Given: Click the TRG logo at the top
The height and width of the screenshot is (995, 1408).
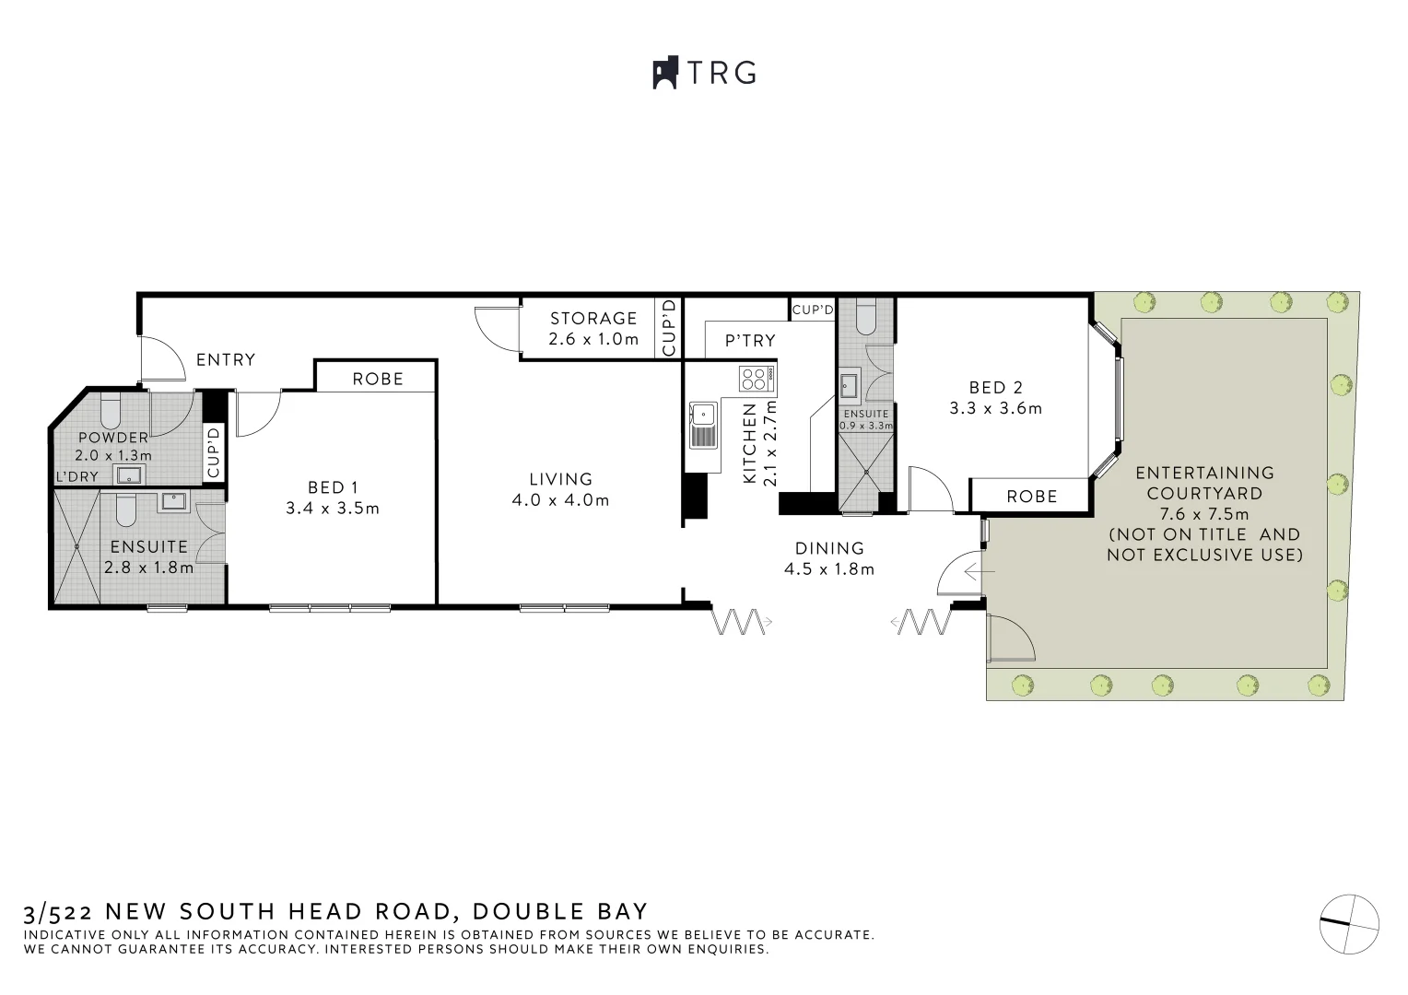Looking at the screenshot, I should point(705,73).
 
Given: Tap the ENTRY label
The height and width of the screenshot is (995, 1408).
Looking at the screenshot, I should point(226,359).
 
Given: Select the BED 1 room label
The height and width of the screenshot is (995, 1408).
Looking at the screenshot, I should point(333,486).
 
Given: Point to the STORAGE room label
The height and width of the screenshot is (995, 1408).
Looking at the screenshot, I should point(593,319).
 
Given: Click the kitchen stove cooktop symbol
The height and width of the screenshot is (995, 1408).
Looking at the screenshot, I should point(757,378).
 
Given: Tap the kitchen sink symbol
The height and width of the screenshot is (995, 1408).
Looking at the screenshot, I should point(703,425).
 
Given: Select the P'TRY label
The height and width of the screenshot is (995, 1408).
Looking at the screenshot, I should point(750,341).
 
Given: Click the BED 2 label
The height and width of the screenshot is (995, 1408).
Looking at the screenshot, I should point(995,388).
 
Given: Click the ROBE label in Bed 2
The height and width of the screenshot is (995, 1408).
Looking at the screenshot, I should point(1031,496).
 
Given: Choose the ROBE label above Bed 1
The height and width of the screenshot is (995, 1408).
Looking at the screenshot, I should point(378,378).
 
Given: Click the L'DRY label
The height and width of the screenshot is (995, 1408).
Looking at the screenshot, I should point(77,476).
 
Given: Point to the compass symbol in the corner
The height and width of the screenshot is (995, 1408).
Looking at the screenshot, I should point(1349,923).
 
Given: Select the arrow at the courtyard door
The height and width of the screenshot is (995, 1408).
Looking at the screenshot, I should point(980,571).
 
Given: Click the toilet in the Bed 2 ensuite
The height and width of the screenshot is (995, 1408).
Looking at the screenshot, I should point(866,318).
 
